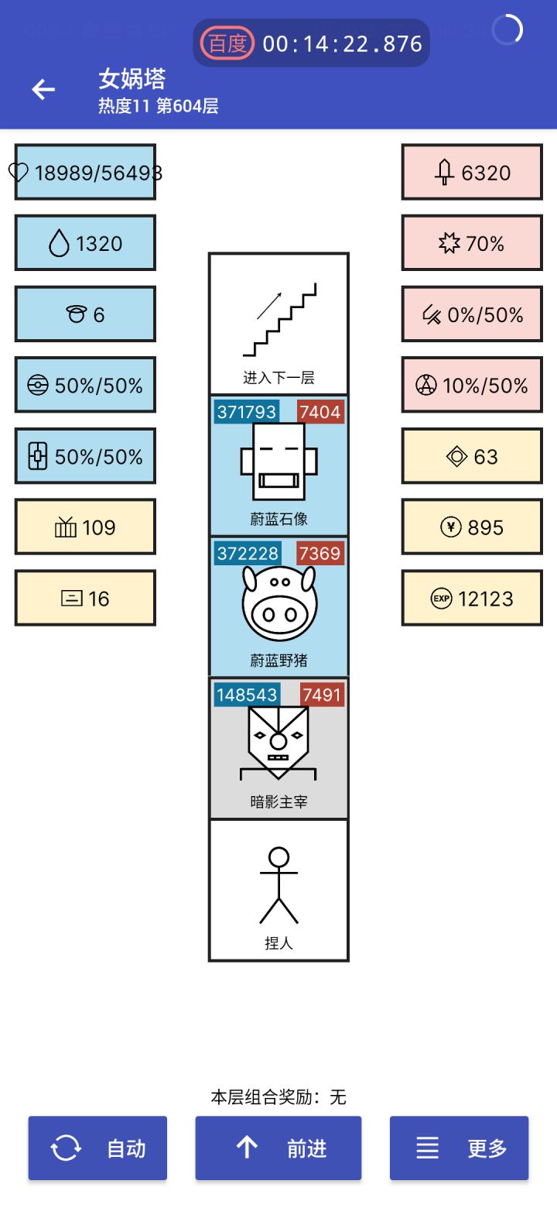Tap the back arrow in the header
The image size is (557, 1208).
pos(43,90)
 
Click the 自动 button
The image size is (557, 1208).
pos(97,1148)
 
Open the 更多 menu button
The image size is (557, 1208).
pos(459,1148)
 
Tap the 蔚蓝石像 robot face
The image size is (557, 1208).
pos(278,462)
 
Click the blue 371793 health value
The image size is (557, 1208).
pos(247,412)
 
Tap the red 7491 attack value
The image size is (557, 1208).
pos(322,695)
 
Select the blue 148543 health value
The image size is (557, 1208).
pos(247,695)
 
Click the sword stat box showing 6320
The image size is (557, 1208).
pos(472,172)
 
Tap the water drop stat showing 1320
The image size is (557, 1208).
pos(85,243)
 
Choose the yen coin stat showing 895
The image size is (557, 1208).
pos(472,527)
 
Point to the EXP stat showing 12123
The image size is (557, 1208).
pos(472,599)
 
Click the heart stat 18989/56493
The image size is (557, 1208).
pos(85,172)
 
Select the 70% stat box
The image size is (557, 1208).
pos(472,243)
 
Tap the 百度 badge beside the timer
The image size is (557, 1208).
pos(227,43)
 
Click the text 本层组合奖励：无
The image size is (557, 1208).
pos(278,1096)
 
